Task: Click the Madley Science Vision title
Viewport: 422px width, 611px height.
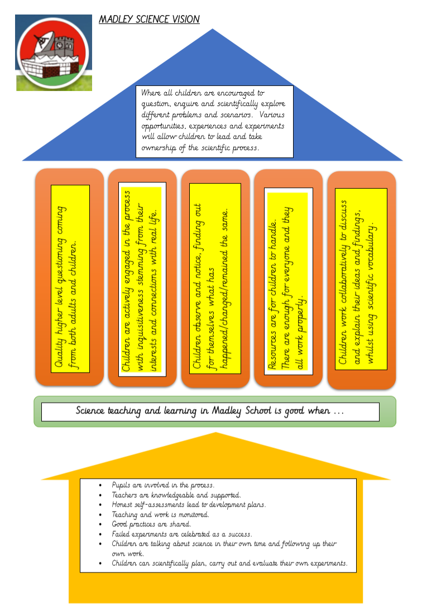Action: point(149,20)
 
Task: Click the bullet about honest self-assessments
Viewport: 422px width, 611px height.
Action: point(189,504)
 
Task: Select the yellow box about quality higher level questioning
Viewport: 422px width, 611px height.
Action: point(70,278)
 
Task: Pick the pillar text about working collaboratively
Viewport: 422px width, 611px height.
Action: point(361,278)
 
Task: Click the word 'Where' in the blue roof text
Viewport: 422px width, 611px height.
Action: point(152,92)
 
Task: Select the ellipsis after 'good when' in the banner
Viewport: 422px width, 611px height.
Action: point(338,412)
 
